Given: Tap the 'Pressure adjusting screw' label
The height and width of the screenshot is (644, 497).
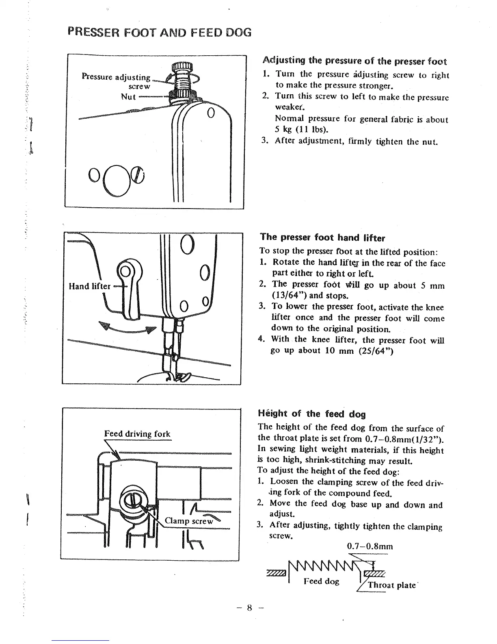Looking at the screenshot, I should pyautogui.click(x=116, y=81).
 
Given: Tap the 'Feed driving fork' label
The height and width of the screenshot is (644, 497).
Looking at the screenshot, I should pyautogui.click(x=137, y=434).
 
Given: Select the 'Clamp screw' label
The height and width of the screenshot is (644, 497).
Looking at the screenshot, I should pyautogui.click(x=189, y=521).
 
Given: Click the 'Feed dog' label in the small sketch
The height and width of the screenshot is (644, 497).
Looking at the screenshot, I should pyautogui.click(x=321, y=581).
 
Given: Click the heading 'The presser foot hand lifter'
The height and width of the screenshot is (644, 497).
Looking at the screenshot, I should pyautogui.click(x=322, y=237).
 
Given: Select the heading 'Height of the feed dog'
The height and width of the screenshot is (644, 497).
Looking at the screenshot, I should pyautogui.click(x=312, y=414).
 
